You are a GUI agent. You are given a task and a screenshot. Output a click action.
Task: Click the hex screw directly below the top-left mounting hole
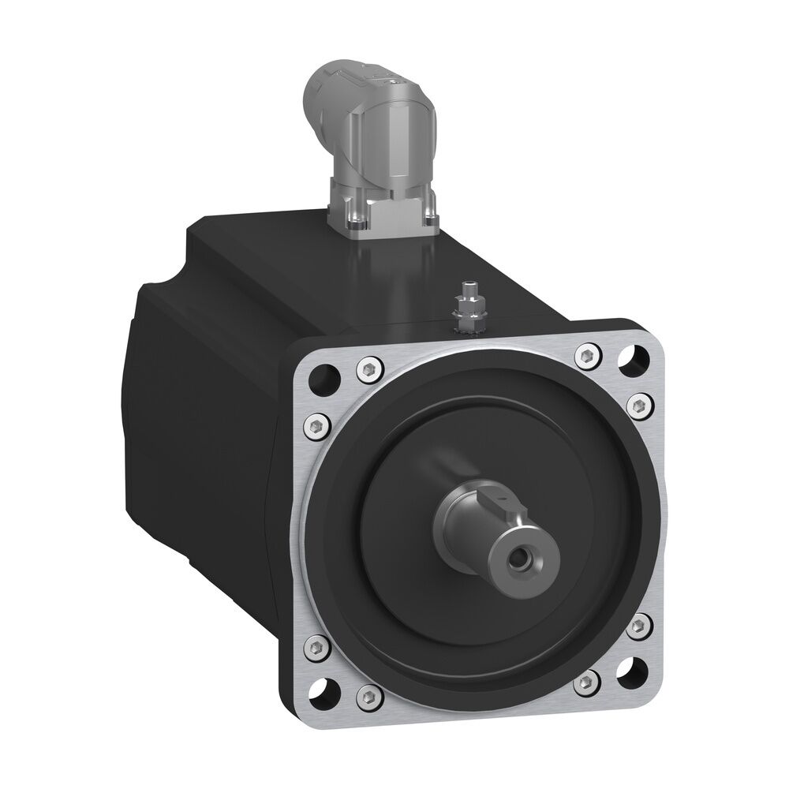click(x=316, y=425)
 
